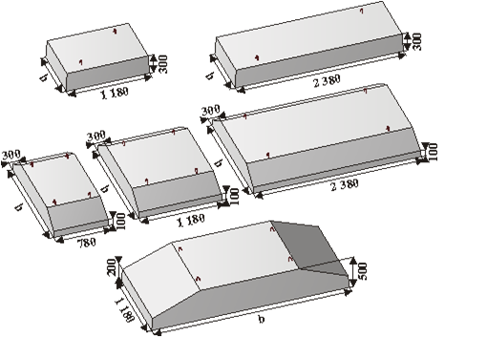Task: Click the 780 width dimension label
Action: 86,243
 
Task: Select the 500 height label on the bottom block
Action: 362,271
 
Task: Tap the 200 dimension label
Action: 112,267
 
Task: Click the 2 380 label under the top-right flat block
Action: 327,81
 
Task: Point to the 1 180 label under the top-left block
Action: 115,94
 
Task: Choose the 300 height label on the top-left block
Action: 162,64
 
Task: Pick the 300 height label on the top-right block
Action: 416,42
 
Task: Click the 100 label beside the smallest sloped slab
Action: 120,222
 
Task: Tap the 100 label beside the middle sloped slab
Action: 234,197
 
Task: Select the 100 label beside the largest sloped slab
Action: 433,152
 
